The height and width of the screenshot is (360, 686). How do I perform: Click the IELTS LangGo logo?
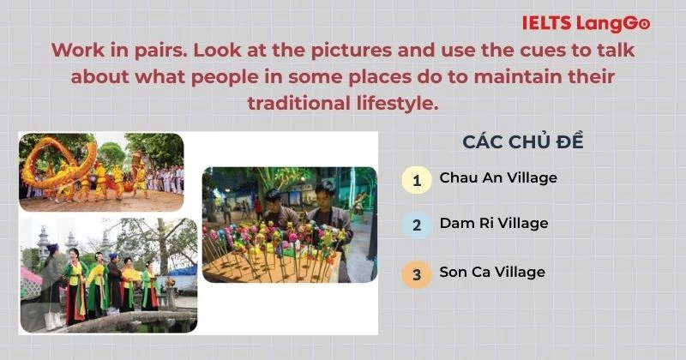[x=586, y=24]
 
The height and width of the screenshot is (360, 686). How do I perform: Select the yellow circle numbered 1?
[x=417, y=180]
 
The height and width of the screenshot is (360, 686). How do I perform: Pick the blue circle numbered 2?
[x=417, y=225]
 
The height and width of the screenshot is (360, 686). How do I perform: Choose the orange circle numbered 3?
[x=417, y=274]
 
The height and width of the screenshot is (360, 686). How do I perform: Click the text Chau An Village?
[x=498, y=178]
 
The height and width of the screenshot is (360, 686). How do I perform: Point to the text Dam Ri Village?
[x=493, y=224]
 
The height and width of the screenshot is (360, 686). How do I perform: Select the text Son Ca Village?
[x=492, y=273]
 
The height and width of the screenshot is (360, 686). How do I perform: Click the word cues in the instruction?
[x=502, y=51]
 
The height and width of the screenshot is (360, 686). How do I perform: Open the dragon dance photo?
[x=101, y=171]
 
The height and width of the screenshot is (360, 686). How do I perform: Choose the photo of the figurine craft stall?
[x=289, y=225]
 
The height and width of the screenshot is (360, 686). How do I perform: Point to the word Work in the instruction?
[x=76, y=51]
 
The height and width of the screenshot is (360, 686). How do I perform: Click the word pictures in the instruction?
[x=354, y=51]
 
